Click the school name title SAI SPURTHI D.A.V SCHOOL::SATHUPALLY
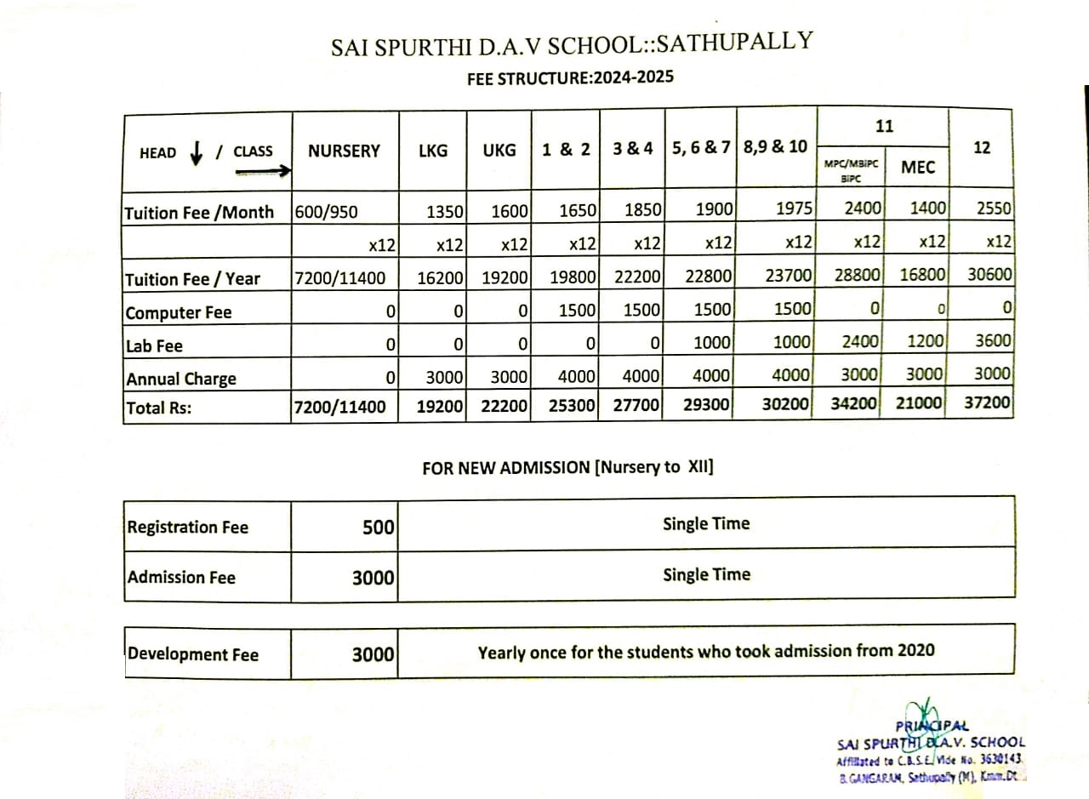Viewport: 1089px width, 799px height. coord(572,43)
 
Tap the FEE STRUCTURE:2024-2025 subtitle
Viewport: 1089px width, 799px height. coord(570,78)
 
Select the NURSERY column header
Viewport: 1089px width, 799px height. coord(344,151)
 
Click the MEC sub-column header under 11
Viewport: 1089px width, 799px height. coord(917,168)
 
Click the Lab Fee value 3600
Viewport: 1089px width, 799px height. coord(993,341)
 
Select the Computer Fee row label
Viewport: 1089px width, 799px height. coord(179,313)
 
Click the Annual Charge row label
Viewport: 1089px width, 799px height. coord(181,379)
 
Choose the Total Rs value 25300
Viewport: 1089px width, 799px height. coord(572,405)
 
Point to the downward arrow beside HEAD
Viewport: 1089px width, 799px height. coord(197,152)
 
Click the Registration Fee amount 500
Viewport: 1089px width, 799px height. coord(378,528)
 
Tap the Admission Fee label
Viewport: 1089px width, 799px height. coord(181,578)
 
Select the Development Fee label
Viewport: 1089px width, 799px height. coord(193,654)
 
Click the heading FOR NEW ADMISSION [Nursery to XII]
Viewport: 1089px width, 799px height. coord(567,467)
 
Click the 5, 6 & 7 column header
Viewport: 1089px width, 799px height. coord(701,147)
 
